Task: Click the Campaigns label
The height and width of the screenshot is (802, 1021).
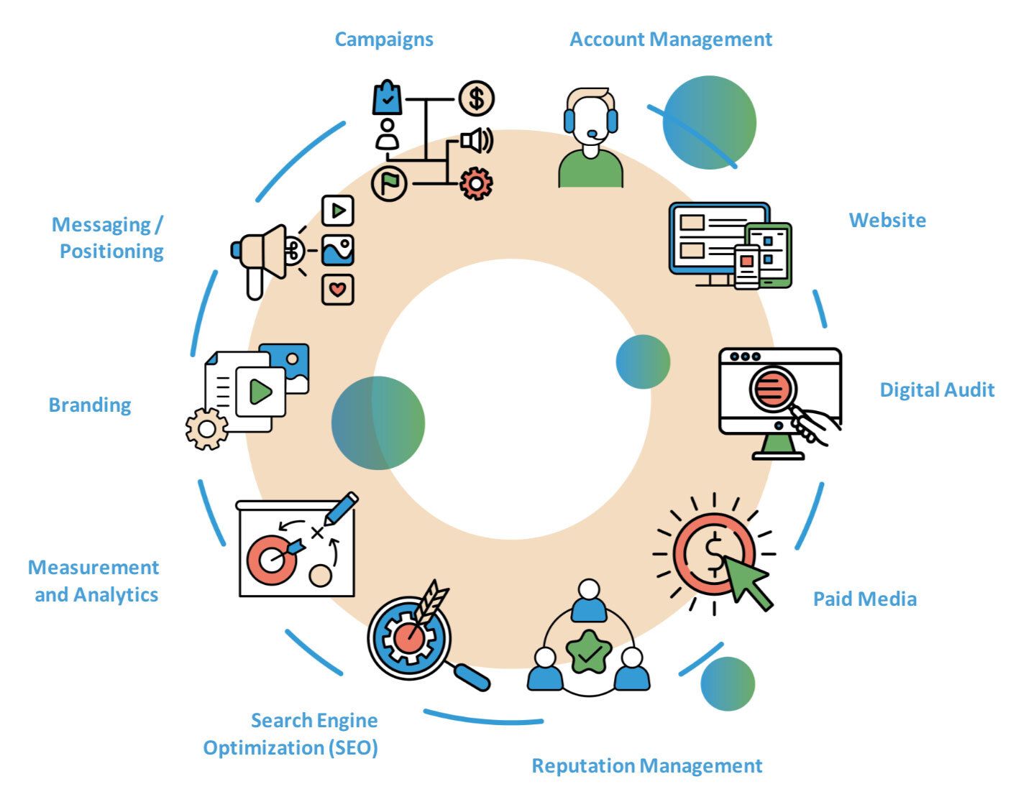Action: (384, 39)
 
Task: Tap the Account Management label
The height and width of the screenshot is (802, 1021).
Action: (670, 39)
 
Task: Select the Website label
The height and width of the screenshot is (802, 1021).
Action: (887, 220)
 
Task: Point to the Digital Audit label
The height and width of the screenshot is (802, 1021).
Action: (937, 390)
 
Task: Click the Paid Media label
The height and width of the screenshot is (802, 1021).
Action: (864, 599)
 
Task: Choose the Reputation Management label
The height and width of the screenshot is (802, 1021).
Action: (646, 765)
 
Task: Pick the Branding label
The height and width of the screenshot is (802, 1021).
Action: (90, 405)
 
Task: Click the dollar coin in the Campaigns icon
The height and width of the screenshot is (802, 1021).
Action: (476, 98)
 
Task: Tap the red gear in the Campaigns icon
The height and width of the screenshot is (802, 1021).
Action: (476, 183)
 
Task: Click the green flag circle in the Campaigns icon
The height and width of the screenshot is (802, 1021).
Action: (389, 183)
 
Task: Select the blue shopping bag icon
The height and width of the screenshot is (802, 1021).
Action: (388, 98)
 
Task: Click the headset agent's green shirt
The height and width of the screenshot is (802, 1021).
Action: (590, 171)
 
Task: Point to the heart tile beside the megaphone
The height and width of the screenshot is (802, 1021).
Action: (337, 290)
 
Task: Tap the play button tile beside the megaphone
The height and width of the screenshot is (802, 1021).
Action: (337, 211)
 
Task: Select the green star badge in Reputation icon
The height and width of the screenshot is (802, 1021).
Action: (589, 651)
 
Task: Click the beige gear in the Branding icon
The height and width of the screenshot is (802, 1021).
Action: (206, 429)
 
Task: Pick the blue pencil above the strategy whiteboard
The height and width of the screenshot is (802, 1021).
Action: (341, 508)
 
